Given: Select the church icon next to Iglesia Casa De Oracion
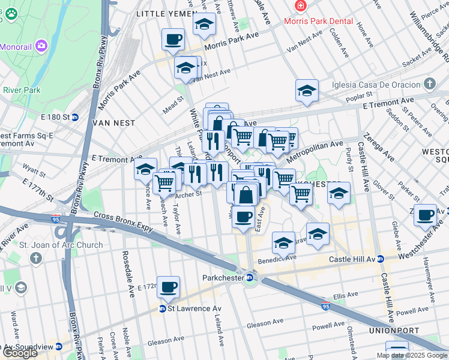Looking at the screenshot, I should click(429, 83).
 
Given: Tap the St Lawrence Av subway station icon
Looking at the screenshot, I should click(162, 309).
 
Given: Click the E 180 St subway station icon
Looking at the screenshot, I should click(75, 117).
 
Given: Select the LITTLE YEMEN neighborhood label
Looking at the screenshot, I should click(166, 13).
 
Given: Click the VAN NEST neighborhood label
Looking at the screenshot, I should click(113, 122).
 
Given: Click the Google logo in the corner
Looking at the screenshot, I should click(20, 353).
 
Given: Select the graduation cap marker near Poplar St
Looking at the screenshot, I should click(307, 91).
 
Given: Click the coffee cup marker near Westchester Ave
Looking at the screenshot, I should click(426, 215).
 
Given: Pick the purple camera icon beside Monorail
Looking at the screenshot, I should click(41, 45).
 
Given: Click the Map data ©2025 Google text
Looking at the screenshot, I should click(411, 355).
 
